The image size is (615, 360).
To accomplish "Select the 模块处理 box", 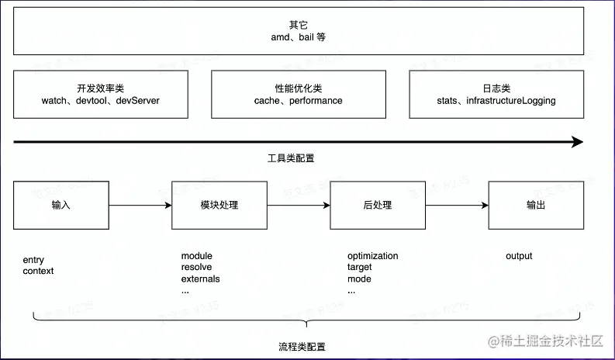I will (x=219, y=206).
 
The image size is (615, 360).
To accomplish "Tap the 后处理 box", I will (x=378, y=206).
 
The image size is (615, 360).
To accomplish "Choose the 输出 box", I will (x=536, y=206).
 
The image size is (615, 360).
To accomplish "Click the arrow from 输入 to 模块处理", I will (x=140, y=206).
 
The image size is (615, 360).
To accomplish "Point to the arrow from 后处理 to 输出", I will (x=457, y=206).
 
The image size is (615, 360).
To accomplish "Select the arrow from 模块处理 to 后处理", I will (x=299, y=206).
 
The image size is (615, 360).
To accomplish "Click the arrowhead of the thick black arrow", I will (x=576, y=142).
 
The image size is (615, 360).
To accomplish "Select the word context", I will (x=39, y=271).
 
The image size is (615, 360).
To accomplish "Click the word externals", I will (x=200, y=279).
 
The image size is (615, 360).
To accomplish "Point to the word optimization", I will (x=372, y=256).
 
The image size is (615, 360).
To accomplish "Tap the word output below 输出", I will (x=519, y=256).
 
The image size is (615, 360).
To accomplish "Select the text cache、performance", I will (x=298, y=101).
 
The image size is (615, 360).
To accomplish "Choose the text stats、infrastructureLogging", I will (x=496, y=101).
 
